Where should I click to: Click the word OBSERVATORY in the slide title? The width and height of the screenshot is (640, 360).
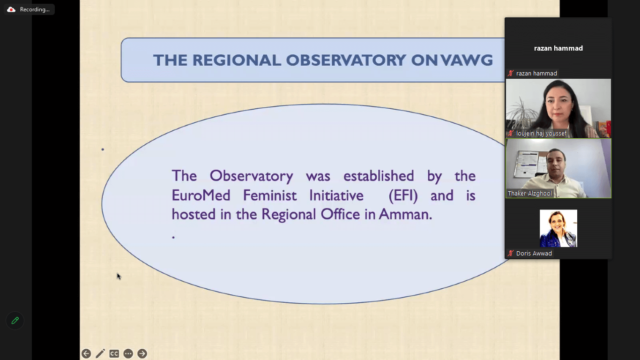click(x=346, y=60)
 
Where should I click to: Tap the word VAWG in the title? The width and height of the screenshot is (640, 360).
click(x=467, y=60)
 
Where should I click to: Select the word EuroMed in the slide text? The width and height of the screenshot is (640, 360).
click(x=201, y=195)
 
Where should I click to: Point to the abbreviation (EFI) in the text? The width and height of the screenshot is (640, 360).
click(x=403, y=196)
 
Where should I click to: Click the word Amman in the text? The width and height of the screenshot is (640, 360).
click(x=405, y=215)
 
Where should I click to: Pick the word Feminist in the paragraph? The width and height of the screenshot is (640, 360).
click(x=270, y=195)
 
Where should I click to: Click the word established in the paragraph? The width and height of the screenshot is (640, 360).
click(x=379, y=176)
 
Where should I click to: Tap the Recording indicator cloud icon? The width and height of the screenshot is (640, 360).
click(x=11, y=10)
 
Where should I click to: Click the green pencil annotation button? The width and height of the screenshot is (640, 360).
click(x=15, y=321)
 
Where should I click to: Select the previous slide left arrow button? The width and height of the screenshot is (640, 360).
click(x=86, y=354)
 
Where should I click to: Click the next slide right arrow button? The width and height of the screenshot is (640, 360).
click(x=142, y=354)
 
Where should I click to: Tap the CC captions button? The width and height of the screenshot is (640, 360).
click(x=114, y=354)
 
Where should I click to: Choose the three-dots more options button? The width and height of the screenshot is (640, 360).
click(x=128, y=354)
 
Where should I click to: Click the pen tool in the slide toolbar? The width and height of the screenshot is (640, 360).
click(x=100, y=354)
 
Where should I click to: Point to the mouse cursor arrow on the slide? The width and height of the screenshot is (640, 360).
click(x=119, y=276)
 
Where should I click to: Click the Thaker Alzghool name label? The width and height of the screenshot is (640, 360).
click(x=530, y=194)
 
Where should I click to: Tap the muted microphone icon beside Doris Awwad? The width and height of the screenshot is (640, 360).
click(x=511, y=253)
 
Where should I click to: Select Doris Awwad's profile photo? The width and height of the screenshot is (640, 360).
click(x=558, y=228)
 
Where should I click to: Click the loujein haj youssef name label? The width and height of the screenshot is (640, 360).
click(x=541, y=134)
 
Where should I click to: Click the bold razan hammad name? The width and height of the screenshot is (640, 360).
click(x=558, y=48)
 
